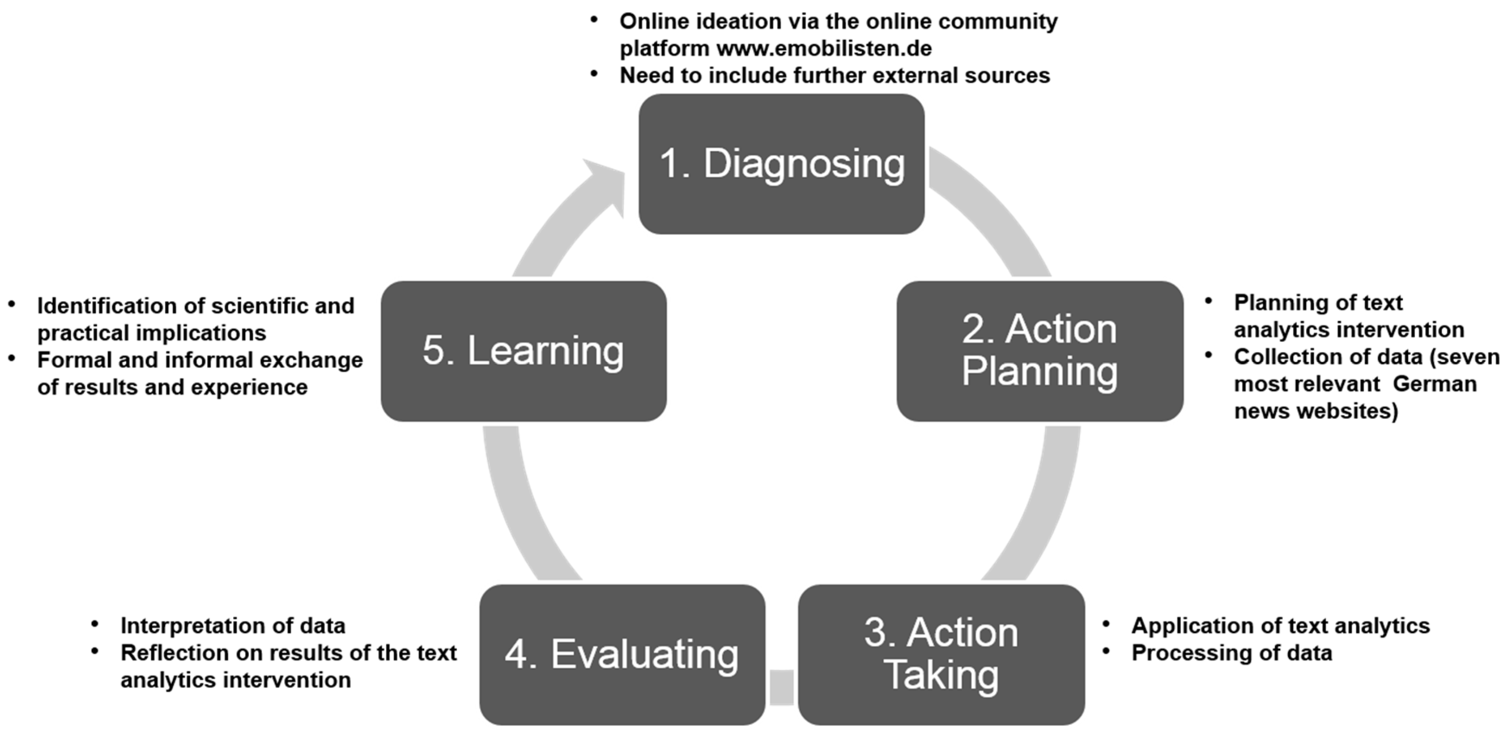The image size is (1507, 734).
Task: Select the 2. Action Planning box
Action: (x=1040, y=351)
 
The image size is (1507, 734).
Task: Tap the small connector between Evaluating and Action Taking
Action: (x=782, y=687)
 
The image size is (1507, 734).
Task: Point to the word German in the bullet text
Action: (x=1434, y=384)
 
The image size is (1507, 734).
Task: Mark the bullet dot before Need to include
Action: (x=594, y=74)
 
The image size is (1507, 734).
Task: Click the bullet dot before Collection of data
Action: (x=1209, y=355)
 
